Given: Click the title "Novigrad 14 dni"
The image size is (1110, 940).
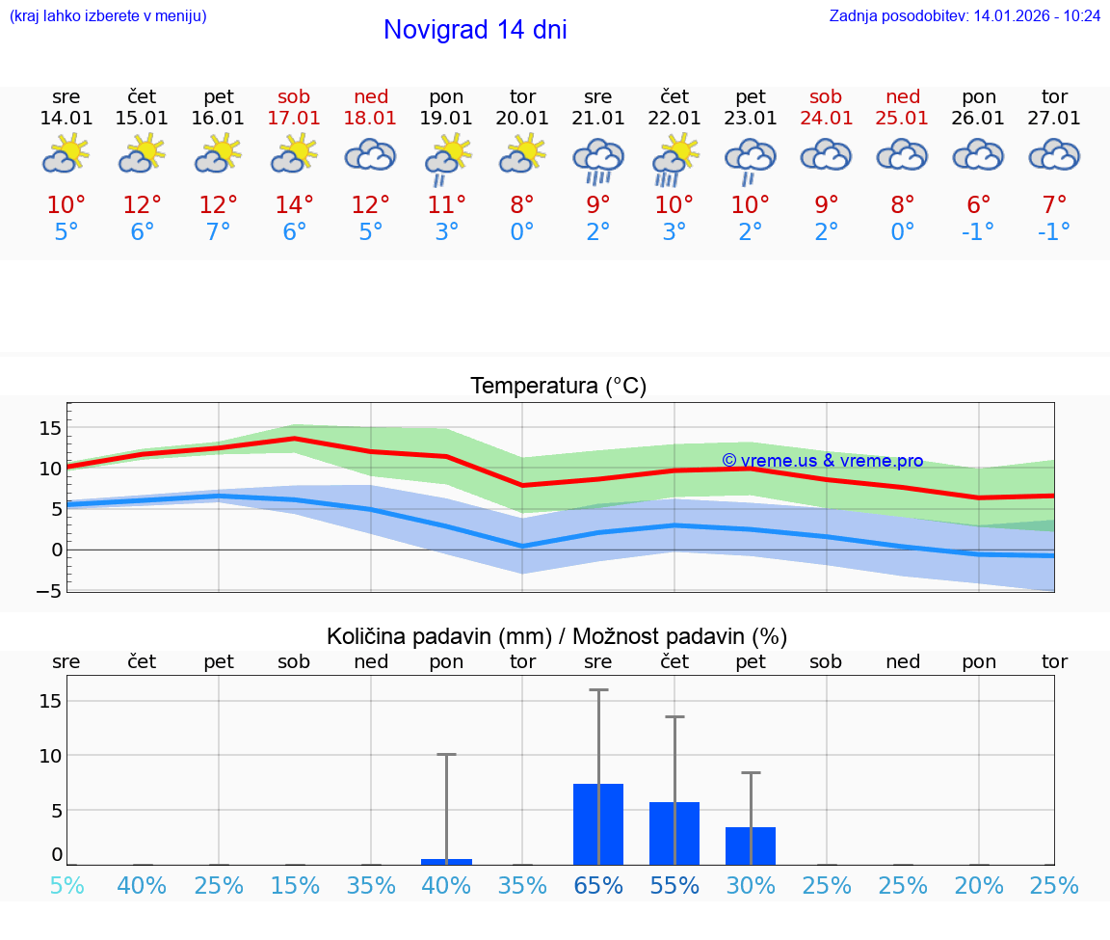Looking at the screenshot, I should pos(475,30).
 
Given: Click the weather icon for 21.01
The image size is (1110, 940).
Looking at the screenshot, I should pos(598,161).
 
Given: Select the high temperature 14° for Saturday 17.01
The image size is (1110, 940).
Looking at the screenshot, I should pos(294,205).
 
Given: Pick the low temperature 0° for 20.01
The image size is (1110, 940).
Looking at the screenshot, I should pos(522,232).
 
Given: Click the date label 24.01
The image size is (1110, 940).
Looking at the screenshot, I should pos(826,119).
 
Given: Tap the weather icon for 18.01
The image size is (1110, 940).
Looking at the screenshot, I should pos(371,155).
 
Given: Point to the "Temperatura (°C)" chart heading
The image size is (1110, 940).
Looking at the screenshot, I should pos(558,387).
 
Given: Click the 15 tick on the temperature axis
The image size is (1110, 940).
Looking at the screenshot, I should pos(50,427).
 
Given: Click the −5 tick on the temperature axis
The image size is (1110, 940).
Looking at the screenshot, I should pos(50,590).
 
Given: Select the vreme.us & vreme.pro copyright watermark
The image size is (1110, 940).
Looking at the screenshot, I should pos(822,461).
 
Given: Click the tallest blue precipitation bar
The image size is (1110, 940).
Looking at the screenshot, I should pos(598,824).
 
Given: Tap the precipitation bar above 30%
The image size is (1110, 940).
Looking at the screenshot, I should pos(751,846).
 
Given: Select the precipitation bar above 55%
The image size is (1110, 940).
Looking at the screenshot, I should pos(674,833).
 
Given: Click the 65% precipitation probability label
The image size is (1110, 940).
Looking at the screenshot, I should pos(598,886).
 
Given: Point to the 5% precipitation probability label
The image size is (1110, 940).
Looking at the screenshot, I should pos(66,886).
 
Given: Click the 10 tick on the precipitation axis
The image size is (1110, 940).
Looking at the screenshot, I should pos(50,755).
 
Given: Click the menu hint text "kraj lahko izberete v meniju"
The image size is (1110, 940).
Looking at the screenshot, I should pos(108,16).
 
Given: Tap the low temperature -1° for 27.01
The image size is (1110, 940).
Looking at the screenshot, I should pos(1054,232).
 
